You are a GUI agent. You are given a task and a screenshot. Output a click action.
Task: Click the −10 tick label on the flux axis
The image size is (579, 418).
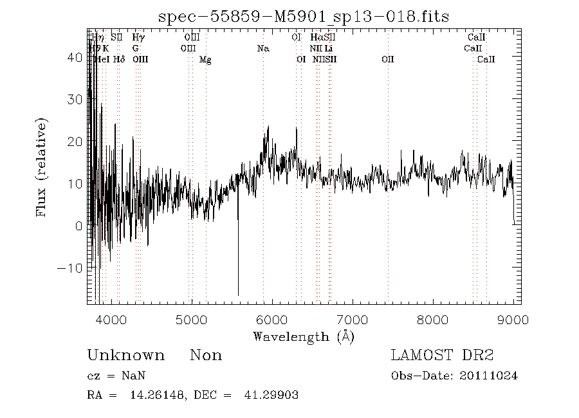tap(70, 268)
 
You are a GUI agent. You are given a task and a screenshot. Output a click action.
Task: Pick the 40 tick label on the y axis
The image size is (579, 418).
tap(75, 57)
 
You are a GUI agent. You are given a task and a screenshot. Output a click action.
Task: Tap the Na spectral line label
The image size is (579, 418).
tap(262, 48)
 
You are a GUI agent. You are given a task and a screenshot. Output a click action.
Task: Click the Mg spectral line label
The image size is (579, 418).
tap(205, 60)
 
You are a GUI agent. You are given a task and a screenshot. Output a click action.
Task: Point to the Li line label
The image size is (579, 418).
tap(328, 48)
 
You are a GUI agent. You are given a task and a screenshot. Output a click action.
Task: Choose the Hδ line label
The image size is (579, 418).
tap(118, 60)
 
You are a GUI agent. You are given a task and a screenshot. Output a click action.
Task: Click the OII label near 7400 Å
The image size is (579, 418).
tap(387, 60)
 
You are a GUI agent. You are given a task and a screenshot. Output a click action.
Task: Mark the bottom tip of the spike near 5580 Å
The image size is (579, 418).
tap(238, 295)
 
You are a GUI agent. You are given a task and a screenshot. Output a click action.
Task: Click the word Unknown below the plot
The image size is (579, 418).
tap(125, 356)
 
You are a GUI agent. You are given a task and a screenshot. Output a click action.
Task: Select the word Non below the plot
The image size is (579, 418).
tap(206, 356)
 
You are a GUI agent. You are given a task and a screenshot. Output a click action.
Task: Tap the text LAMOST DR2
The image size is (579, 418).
tap(442, 356)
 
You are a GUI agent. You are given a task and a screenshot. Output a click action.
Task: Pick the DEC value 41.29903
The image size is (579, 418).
tap(271, 395)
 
